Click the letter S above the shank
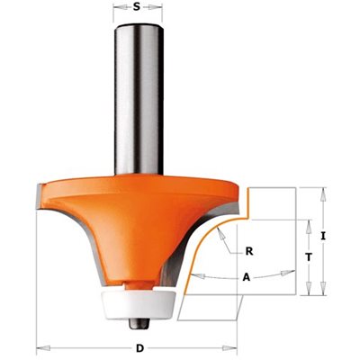coord(137,6)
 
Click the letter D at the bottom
coord(139,348)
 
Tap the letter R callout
coord(249,251)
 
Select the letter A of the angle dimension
coord(247,278)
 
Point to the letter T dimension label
coord(309,256)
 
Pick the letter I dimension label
coord(323,237)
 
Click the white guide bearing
coord(139,301)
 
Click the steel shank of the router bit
coord(139,100)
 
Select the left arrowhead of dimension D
coord(43,348)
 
